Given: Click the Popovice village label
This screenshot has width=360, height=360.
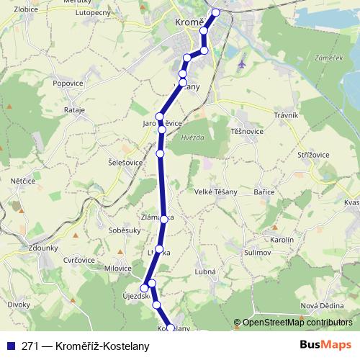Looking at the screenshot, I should (x=68, y=84).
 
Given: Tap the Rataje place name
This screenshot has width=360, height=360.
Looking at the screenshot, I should (x=74, y=110).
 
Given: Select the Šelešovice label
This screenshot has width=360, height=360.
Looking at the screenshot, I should (x=125, y=163).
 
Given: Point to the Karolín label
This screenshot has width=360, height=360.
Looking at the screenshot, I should (x=282, y=238).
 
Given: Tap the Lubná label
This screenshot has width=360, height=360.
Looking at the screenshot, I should (x=205, y=271).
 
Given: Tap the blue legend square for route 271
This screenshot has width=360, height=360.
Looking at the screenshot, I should (x=9, y=346).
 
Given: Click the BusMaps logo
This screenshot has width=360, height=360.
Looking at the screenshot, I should (x=326, y=345).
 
